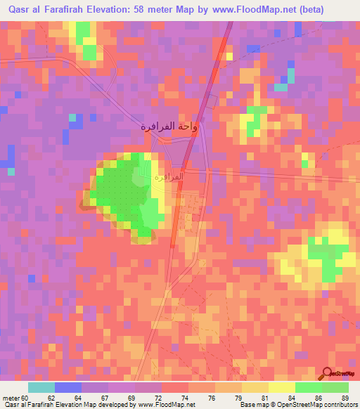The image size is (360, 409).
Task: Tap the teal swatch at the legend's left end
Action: pos(41,387)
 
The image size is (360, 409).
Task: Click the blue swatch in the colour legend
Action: pos(67,387)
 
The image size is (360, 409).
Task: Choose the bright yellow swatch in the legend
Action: pos(281,387)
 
